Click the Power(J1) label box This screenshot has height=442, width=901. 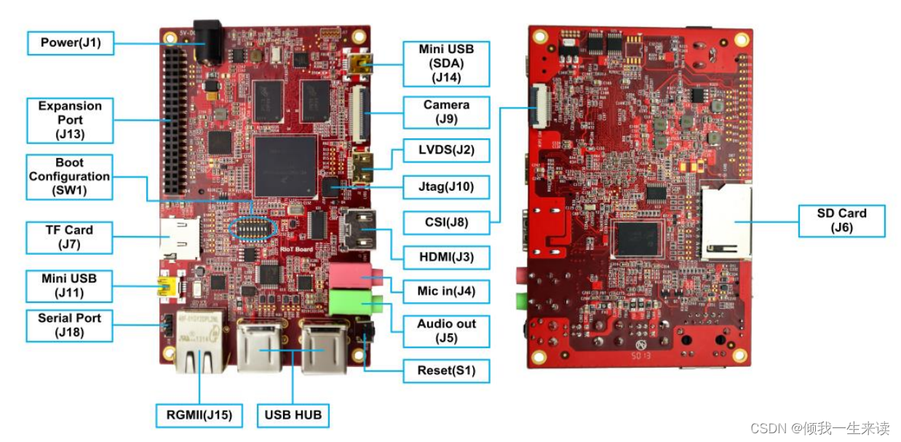click(x=71, y=43)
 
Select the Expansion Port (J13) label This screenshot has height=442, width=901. click(x=71, y=120)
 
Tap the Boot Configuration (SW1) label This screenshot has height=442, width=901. click(x=70, y=176)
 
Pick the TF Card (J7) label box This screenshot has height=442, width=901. click(x=70, y=237)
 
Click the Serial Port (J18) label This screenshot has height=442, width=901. click(x=70, y=325)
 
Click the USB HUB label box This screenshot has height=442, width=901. click(x=293, y=415)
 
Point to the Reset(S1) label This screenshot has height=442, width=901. click(x=446, y=371)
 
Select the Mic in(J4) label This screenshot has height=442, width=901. click(x=446, y=291)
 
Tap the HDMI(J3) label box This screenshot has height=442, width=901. click(x=446, y=257)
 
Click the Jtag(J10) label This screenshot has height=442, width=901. click(x=446, y=186)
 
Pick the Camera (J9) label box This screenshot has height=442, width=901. click(x=446, y=111)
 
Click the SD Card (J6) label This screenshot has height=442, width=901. click(x=841, y=220)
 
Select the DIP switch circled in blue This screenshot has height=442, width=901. click(x=252, y=229)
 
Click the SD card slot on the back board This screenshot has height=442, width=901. click(x=726, y=221)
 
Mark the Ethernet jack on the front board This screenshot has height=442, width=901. click(x=199, y=350)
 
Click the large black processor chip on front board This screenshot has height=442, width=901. click(x=285, y=165)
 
